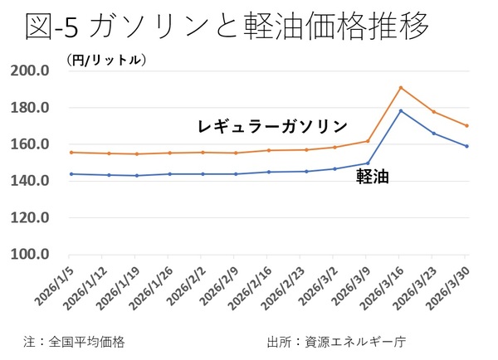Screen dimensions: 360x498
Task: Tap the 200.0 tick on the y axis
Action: (x=32, y=71)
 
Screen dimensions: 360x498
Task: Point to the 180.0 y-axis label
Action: (x=32, y=108)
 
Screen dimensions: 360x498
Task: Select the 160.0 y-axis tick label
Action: (x=32, y=144)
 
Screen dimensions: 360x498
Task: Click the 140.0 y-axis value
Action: (x=32, y=181)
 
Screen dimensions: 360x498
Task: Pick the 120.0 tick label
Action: (x=32, y=217)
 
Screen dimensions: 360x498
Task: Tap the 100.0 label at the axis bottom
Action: (x=32, y=254)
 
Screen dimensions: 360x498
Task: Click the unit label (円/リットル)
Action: (x=105, y=60)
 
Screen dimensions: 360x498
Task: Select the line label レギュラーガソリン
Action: (x=272, y=127)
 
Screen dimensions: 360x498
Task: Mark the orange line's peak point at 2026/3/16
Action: (x=401, y=87)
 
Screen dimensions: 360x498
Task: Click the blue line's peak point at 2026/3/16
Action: (x=401, y=110)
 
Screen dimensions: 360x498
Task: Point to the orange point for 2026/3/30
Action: (x=467, y=125)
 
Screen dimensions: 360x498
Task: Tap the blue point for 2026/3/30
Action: (x=467, y=146)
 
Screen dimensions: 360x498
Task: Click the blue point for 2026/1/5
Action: (x=71, y=173)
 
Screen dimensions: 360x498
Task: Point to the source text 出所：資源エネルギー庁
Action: (x=336, y=341)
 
